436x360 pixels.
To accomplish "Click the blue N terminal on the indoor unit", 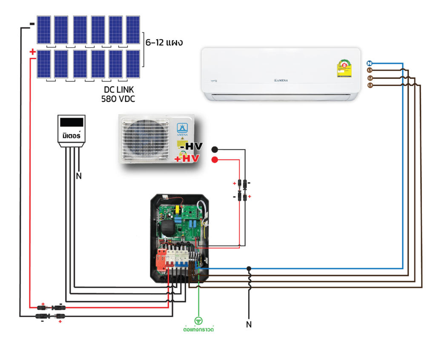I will point(370,63).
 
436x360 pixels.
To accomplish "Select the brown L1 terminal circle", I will point(370,70).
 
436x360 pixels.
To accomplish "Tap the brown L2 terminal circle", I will point(370,78).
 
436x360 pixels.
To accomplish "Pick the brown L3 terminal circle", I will point(370,86).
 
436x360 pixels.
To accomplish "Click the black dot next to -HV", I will point(215,150).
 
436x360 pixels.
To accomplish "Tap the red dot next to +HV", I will point(215,160).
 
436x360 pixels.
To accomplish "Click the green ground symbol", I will point(198,320).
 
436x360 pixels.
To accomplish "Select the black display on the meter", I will point(72,122).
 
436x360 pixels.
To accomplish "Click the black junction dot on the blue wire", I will point(249,268).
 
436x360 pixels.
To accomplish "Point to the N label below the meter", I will point(78,176).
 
